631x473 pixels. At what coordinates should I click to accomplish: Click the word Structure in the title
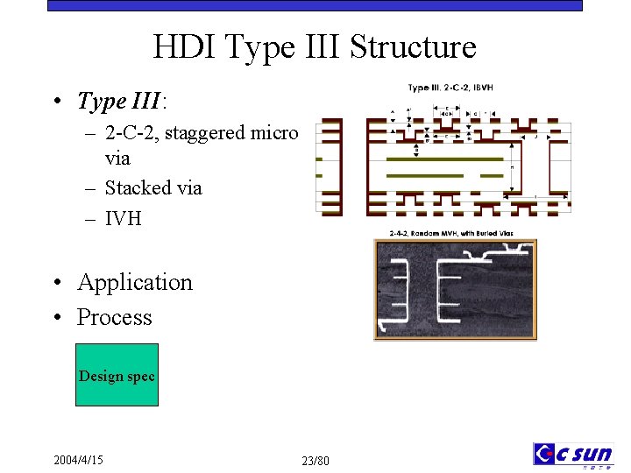click(x=413, y=46)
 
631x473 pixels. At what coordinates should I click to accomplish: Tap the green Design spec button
click(x=117, y=376)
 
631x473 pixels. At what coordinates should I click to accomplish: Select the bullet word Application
click(x=134, y=282)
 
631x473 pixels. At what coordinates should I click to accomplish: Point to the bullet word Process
click(x=114, y=317)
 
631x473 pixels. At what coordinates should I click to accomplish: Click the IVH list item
click(x=123, y=218)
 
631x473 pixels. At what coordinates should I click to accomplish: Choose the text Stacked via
click(x=153, y=187)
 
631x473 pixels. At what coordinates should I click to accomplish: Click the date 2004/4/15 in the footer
click(x=78, y=459)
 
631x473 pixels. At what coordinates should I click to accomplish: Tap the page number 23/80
click(x=315, y=461)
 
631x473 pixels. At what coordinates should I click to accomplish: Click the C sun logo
click(x=573, y=455)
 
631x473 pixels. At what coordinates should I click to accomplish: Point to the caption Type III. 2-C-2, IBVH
click(x=450, y=88)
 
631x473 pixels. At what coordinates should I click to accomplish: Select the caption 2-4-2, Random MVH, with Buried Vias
click(x=450, y=233)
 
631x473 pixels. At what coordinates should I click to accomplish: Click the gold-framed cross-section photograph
click(x=455, y=290)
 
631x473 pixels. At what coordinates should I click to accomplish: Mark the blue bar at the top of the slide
click(x=315, y=5)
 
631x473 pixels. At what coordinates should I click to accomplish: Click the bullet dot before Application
click(x=55, y=283)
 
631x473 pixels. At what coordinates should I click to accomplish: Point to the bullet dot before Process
click(x=55, y=318)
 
